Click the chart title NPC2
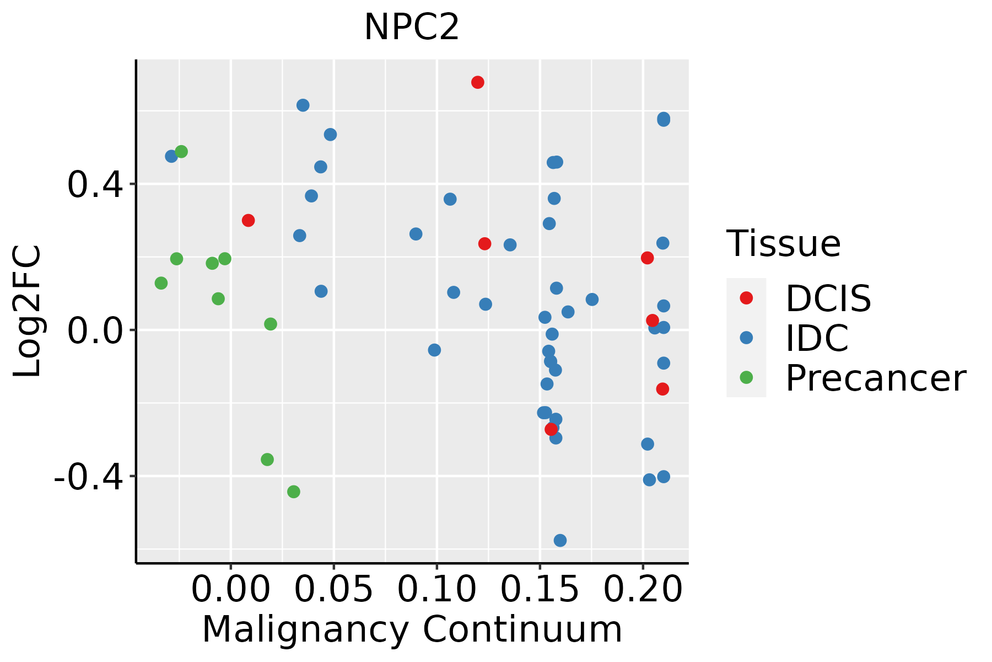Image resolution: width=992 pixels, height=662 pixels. (x=412, y=28)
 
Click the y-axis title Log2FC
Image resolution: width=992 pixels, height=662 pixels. (x=28, y=311)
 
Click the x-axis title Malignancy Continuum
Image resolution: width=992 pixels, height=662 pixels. (x=412, y=629)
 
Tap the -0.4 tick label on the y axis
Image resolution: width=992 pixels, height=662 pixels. (x=88, y=476)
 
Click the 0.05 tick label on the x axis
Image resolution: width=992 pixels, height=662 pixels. (x=333, y=589)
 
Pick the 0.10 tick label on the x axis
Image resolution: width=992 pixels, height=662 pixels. (x=436, y=589)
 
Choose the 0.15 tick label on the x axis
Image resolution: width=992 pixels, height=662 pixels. (x=540, y=589)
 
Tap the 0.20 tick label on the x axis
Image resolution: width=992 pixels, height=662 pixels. (x=643, y=589)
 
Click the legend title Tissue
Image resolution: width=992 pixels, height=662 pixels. (x=783, y=243)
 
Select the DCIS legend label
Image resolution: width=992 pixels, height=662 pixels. (x=828, y=298)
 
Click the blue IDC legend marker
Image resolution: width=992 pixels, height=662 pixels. (x=746, y=338)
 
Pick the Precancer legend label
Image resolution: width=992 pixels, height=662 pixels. (x=875, y=378)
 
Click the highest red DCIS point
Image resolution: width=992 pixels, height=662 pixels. (x=478, y=82)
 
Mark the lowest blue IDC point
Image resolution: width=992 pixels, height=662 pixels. (x=560, y=540)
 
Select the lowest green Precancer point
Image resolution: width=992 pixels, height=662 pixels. (x=294, y=492)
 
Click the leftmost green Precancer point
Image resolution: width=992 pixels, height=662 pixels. (x=161, y=283)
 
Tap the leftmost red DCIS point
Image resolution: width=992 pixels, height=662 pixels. (x=248, y=220)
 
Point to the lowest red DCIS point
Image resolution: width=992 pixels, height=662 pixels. (x=551, y=429)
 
